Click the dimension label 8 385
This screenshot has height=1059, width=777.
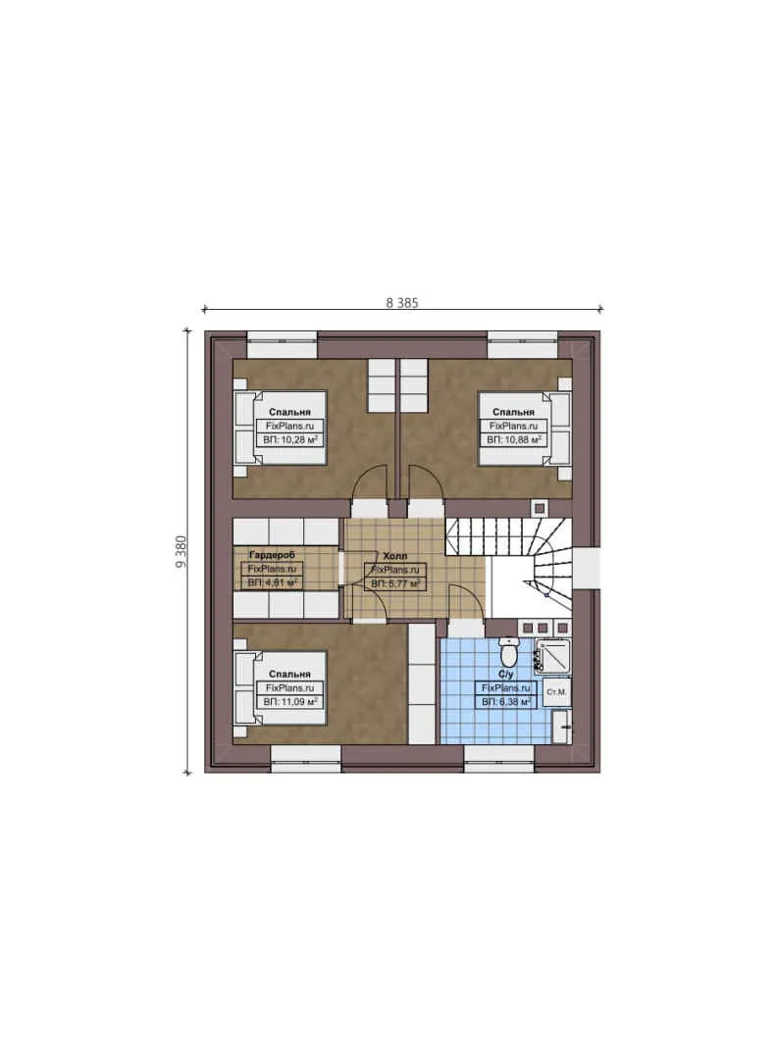click(402, 302)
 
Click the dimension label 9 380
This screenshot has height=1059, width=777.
click(181, 551)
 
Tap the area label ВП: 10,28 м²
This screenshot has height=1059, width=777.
click(289, 441)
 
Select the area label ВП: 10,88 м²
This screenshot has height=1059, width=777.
click(515, 441)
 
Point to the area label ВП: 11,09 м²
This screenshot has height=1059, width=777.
click(289, 702)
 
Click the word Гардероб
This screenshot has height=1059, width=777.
click(272, 554)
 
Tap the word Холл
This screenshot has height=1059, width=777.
click(395, 555)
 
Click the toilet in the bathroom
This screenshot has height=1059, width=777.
click(509, 651)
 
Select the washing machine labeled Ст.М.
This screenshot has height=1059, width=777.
click(554, 692)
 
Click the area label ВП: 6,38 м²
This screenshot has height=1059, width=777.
click(505, 702)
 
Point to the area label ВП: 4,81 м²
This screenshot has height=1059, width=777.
click(273, 582)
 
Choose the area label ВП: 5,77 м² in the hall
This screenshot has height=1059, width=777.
click(395, 582)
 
